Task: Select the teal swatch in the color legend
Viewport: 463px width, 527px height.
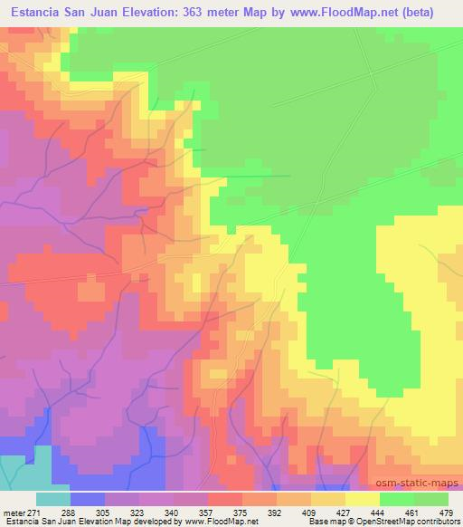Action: click(53, 498)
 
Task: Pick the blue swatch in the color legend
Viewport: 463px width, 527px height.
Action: click(88, 498)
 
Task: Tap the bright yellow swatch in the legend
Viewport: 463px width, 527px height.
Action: click(362, 498)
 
